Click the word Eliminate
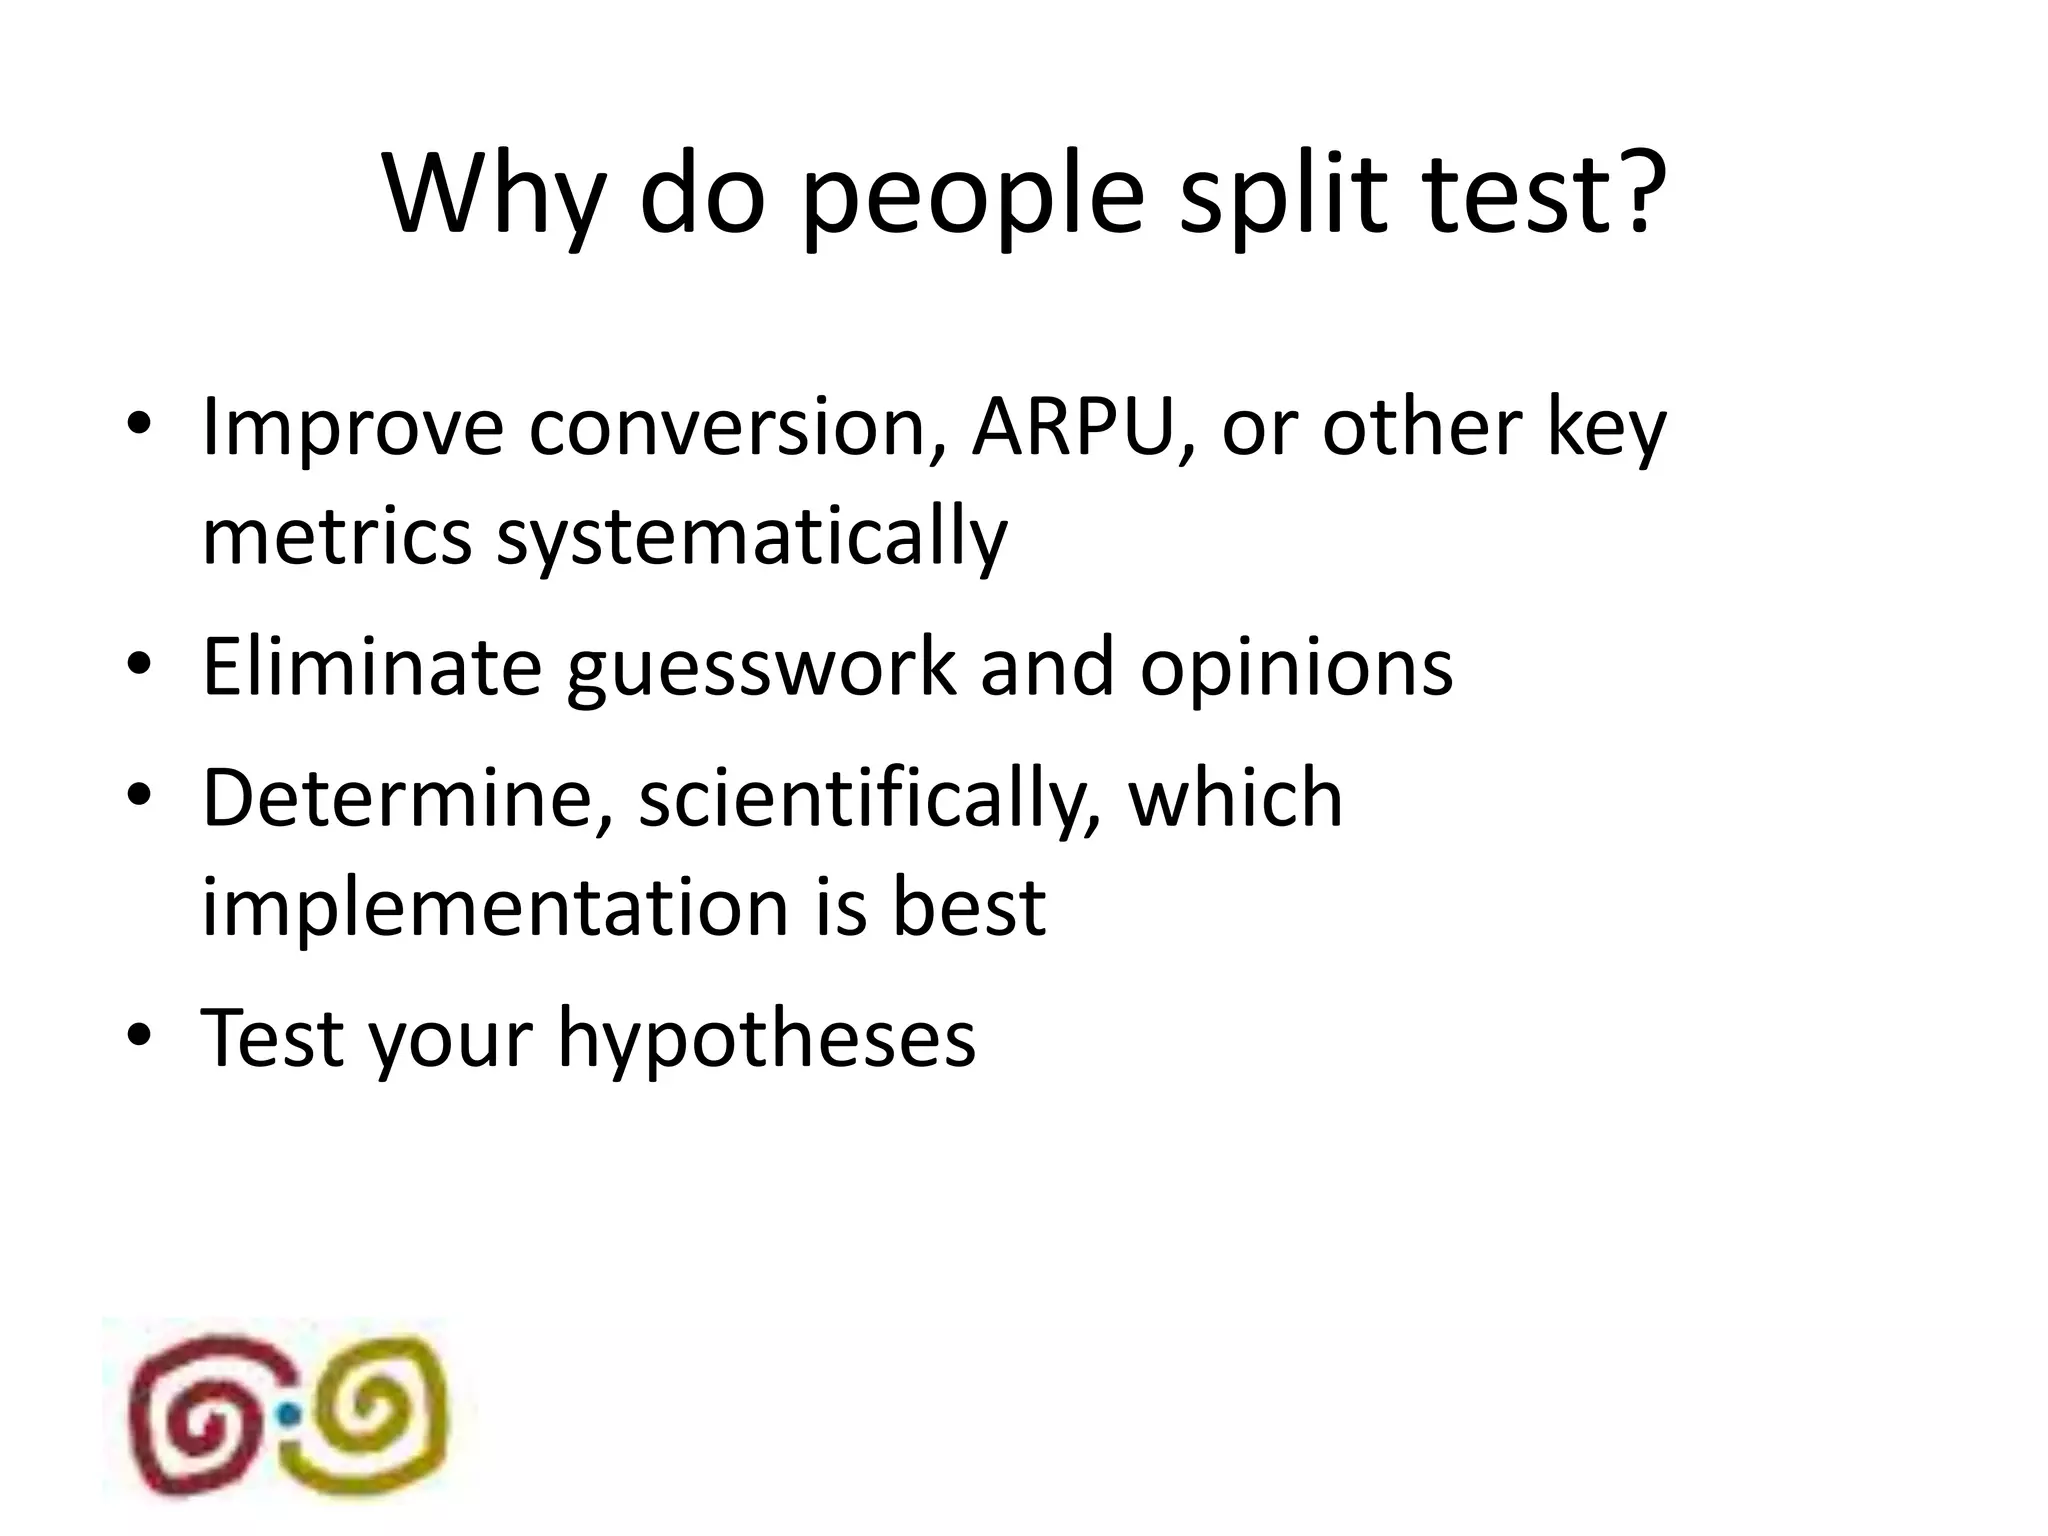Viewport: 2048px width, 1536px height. click(371, 667)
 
